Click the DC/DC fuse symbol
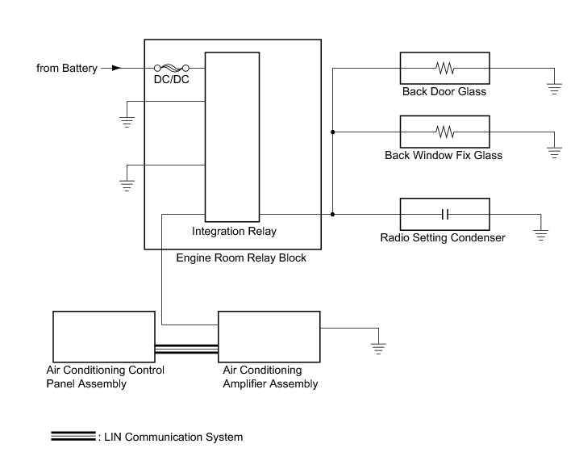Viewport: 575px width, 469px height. tap(171, 68)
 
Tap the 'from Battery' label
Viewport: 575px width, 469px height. tap(67, 68)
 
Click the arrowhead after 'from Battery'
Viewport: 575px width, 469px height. tap(115, 68)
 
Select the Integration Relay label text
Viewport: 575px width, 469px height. tap(234, 232)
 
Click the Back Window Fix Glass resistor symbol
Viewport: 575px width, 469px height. tap(444, 131)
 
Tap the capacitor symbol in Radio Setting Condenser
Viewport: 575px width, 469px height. tap(444, 214)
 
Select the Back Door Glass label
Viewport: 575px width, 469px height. tap(444, 91)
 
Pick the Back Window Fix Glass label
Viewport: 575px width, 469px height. tap(444, 155)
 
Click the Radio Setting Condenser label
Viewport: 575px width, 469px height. tap(443, 238)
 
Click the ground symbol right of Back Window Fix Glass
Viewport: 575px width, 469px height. tap(553, 151)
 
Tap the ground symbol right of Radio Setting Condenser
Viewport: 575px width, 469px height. tap(541, 235)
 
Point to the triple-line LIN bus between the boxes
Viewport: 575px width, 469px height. tap(185, 349)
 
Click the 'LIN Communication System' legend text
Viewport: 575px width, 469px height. tap(170, 438)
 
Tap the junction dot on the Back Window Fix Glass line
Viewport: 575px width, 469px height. tap(332, 131)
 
